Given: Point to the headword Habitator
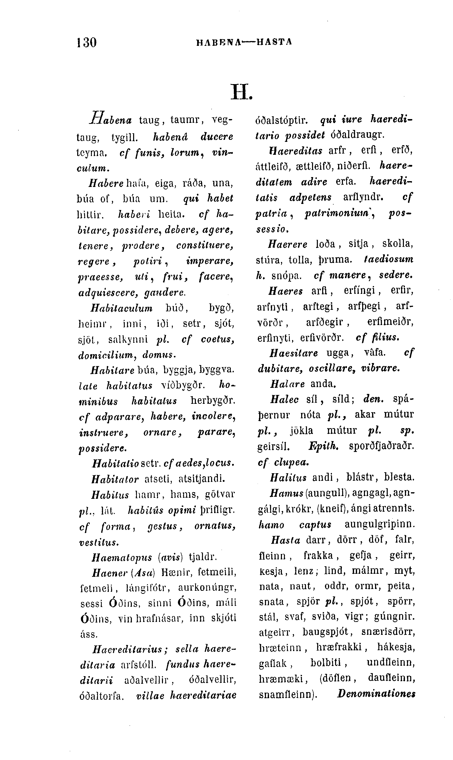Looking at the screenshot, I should [115, 479].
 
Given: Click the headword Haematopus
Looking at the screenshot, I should [122, 557].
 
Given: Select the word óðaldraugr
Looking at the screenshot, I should [357, 135].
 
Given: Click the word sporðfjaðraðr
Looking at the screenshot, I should [381, 446].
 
